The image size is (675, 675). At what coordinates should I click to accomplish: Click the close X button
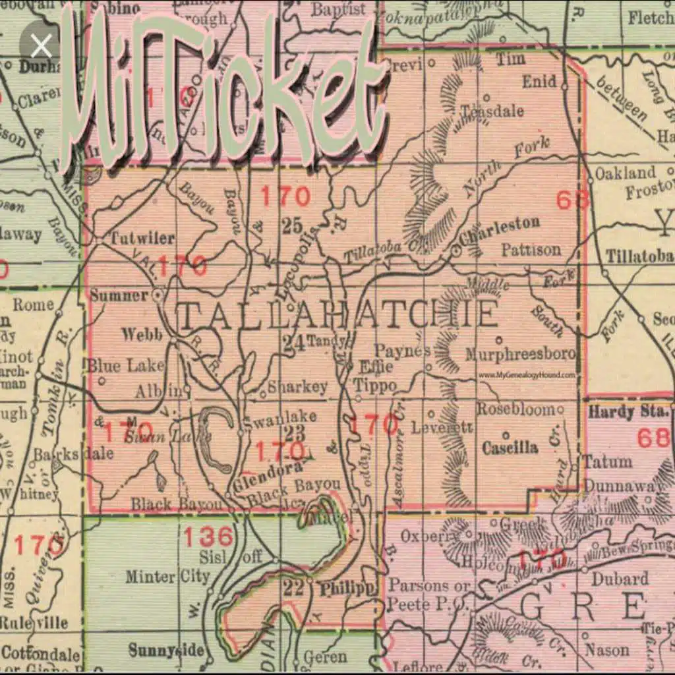[x=41, y=46]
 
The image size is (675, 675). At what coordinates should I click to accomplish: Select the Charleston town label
[x=500, y=226]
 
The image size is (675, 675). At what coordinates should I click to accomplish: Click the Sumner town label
[x=119, y=295]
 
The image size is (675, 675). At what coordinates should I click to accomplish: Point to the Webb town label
[x=142, y=334]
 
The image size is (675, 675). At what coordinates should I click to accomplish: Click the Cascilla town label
[x=510, y=448]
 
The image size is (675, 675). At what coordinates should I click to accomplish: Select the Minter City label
[x=167, y=577]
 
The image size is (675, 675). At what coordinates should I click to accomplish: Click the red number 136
[x=208, y=537]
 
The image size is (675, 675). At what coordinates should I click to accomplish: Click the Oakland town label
[x=626, y=173]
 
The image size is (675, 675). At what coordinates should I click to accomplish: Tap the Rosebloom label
[x=516, y=409]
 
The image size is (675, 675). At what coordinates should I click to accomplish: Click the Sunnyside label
[x=166, y=651]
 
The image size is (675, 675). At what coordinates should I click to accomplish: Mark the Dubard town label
[x=620, y=578]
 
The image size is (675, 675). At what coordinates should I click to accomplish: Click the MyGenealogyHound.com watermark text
[x=527, y=374]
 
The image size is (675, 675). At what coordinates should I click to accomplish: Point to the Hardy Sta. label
[x=628, y=413]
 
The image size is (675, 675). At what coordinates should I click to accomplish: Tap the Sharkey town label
[x=297, y=387]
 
